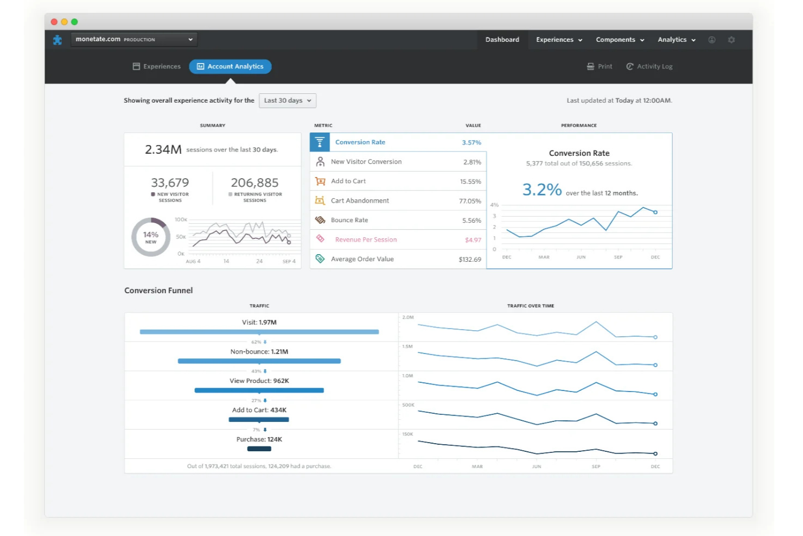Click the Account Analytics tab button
click(230, 66)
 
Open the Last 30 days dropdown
click(287, 100)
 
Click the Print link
click(600, 66)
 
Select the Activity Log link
click(649, 66)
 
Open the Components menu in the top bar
click(620, 40)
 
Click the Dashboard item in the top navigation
click(502, 40)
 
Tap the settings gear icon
click(731, 40)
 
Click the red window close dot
click(54, 22)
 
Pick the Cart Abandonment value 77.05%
click(470, 201)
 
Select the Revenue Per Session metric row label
click(366, 239)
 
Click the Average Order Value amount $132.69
click(469, 260)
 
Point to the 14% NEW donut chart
click(151, 237)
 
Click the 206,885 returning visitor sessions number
click(254, 183)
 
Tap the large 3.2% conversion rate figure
click(541, 190)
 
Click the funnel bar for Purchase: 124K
click(259, 449)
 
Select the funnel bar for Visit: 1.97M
click(259, 332)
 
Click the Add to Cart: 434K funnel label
click(259, 410)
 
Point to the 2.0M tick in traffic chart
click(408, 317)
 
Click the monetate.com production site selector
click(133, 39)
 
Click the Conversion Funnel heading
click(158, 291)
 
